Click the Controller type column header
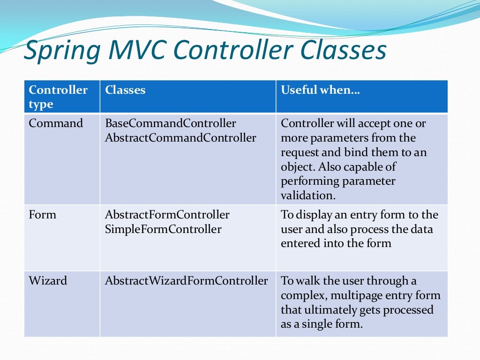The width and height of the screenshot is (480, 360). [58, 97]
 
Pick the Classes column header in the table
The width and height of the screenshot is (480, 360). [125, 90]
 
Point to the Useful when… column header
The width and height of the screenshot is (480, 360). [320, 90]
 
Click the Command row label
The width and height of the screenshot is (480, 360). [56, 123]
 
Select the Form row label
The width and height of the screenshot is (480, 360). [42, 215]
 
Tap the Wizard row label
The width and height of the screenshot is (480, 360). [48, 281]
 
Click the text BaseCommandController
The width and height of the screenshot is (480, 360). [171, 123]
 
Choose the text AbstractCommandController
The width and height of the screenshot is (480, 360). [180, 138]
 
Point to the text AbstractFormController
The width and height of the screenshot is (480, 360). [167, 215]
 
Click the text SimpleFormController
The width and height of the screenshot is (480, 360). [163, 229]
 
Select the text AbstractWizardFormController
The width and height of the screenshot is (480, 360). [187, 281]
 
